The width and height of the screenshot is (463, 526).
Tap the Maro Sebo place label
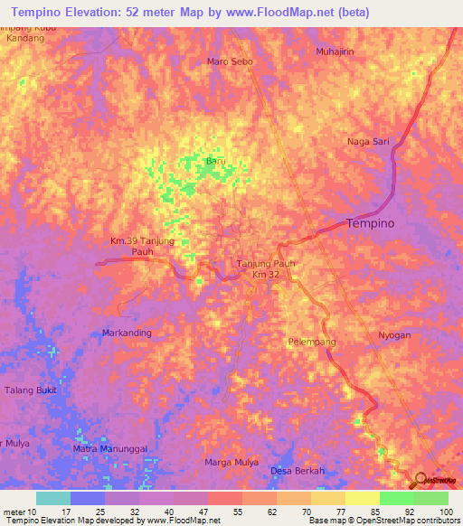[x=230, y=62]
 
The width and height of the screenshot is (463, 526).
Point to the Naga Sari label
[x=368, y=142]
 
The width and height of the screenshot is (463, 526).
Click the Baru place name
[x=214, y=161]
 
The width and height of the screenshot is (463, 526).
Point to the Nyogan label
[x=394, y=335]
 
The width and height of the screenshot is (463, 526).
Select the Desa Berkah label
[x=298, y=471]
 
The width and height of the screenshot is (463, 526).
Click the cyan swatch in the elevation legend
[x=53, y=498]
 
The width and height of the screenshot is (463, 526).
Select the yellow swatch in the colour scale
[x=363, y=498]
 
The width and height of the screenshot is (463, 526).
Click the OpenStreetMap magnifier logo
[x=422, y=480]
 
